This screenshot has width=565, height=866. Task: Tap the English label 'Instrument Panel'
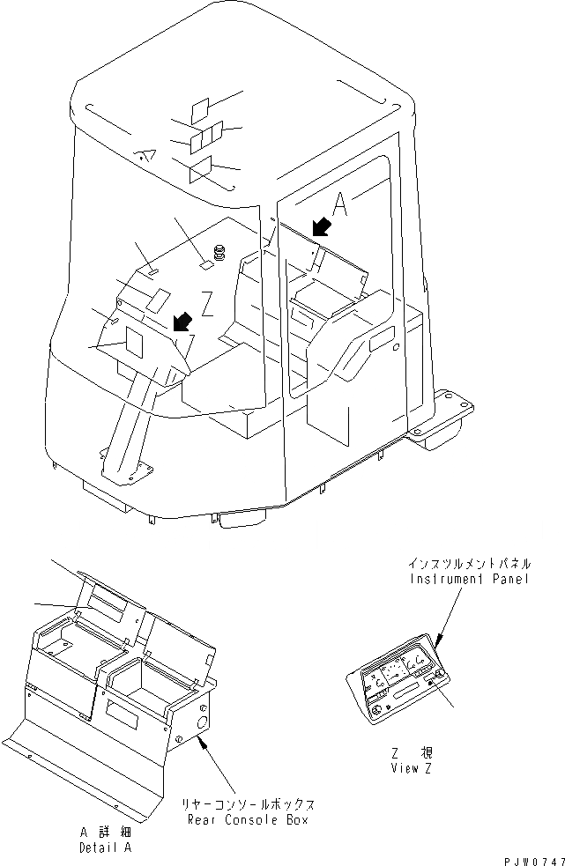[470, 579]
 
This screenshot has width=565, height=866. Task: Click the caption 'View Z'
[410, 767]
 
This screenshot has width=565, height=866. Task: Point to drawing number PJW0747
[527, 858]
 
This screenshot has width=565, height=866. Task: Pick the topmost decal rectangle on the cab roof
[200, 108]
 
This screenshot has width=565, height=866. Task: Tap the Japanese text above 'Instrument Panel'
[470, 562]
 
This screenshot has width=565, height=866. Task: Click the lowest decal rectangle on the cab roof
[200, 170]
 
